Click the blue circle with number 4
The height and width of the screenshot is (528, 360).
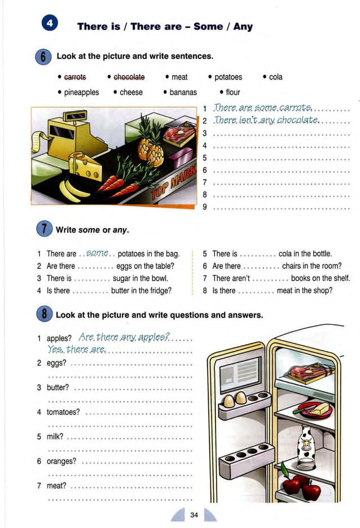(x=50, y=25)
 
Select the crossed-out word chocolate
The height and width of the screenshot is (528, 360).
(x=129, y=77)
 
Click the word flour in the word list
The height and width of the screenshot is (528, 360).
(x=232, y=92)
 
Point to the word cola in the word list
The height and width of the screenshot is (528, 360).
(x=275, y=77)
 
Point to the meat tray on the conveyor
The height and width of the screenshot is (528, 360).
(x=179, y=136)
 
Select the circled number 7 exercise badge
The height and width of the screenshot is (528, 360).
(x=43, y=230)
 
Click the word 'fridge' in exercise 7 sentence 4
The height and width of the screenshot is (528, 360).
(x=161, y=291)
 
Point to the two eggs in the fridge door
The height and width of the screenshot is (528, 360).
(x=235, y=399)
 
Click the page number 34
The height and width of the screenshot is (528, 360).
(x=194, y=514)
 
